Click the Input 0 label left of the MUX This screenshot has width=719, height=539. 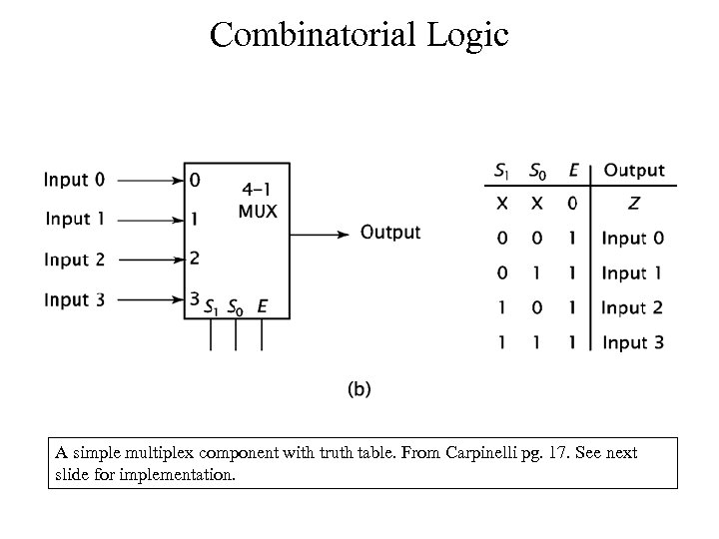pyautogui.click(x=74, y=181)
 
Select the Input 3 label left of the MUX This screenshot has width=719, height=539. pyautogui.click(x=74, y=299)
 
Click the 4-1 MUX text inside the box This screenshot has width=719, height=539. pyautogui.click(x=258, y=199)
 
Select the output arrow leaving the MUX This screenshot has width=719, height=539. pyautogui.click(x=320, y=234)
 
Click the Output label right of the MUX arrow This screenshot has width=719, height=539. pyautogui.click(x=390, y=233)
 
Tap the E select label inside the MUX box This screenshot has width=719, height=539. pyautogui.click(x=262, y=307)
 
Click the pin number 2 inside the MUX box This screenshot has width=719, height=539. pyautogui.click(x=195, y=259)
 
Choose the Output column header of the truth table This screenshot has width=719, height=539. pyautogui.click(x=634, y=171)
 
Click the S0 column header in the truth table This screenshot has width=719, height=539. pyautogui.click(x=538, y=171)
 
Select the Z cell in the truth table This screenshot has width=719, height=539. pyautogui.click(x=633, y=205)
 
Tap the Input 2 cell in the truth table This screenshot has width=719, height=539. pyautogui.click(x=633, y=307)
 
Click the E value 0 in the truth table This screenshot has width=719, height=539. pyautogui.click(x=572, y=205)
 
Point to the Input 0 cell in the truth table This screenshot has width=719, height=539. pyautogui.click(x=633, y=240)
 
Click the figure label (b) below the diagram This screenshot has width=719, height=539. pyautogui.click(x=359, y=389)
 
